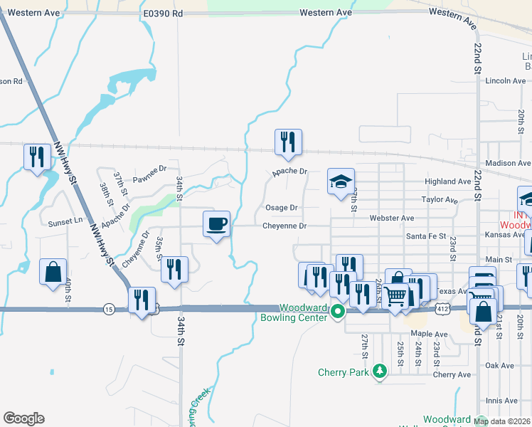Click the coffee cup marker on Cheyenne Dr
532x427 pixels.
217,224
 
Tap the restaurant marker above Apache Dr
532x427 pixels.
288,142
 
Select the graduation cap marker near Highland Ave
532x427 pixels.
341,181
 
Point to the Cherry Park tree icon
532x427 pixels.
381,371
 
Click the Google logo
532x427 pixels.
23,418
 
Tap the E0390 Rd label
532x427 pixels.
163,14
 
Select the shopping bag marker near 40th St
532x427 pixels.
53,271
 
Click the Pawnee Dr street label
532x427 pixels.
149,169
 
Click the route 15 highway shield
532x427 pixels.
108,309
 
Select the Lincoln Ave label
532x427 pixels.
505,81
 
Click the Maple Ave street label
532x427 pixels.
428,334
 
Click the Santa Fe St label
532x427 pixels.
425,236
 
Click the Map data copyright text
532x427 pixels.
502,421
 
